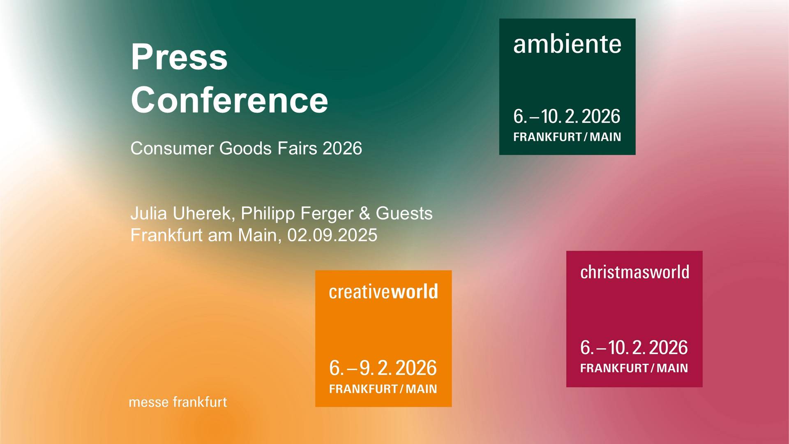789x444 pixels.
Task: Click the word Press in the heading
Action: [x=179, y=57]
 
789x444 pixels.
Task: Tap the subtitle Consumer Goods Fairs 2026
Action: [x=246, y=148]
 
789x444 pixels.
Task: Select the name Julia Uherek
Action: [x=181, y=214]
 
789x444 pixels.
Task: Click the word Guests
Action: [x=404, y=213]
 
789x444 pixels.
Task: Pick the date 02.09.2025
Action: [x=332, y=235]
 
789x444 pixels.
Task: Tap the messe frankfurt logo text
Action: [x=178, y=402]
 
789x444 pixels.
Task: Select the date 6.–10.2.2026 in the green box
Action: [x=567, y=116]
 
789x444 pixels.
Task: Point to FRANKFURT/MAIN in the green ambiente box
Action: [x=567, y=137]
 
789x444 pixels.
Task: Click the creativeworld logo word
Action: [x=383, y=291]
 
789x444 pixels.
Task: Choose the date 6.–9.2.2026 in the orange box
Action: [x=383, y=368]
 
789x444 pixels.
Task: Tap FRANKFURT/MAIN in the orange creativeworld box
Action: [x=383, y=389]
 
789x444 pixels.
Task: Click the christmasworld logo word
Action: [x=634, y=272]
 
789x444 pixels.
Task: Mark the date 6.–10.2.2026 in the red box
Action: [x=634, y=347]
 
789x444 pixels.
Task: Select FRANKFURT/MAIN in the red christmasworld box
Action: [x=634, y=368]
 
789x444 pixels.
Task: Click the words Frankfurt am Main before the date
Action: [x=205, y=235]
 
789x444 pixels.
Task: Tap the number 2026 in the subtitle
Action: [x=342, y=148]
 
